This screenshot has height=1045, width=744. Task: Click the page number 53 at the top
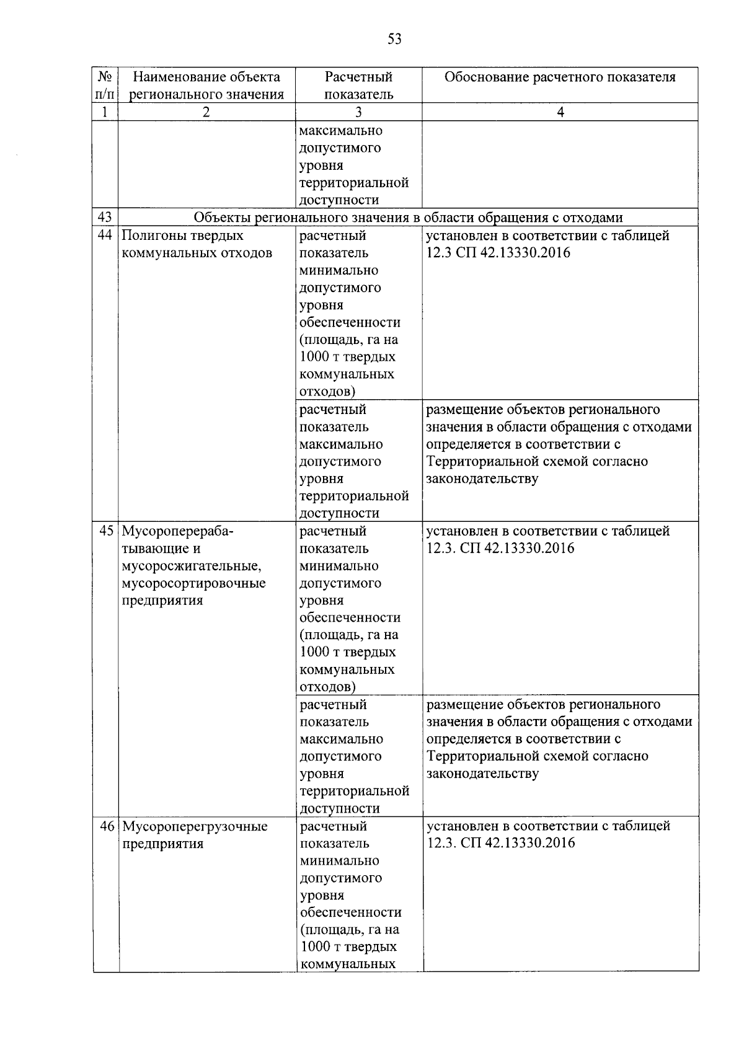[x=394, y=39]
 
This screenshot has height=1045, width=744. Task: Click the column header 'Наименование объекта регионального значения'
[x=206, y=86]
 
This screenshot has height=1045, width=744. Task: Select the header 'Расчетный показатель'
[x=358, y=86]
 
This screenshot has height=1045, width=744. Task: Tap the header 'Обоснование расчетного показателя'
[x=559, y=77]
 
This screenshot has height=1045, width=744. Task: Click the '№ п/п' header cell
[x=105, y=86]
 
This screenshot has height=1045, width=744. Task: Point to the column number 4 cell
[x=560, y=112]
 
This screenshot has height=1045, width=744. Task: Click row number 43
[x=105, y=218]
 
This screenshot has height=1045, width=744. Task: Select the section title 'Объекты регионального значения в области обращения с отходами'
[x=408, y=218]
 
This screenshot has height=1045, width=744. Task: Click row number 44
[x=105, y=236]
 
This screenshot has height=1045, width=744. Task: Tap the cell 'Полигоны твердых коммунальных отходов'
[x=197, y=244]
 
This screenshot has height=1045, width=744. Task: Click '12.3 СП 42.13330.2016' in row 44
[x=498, y=253]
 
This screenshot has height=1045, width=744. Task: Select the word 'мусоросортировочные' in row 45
[x=193, y=583]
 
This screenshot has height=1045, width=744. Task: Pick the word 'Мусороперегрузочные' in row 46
[x=195, y=826]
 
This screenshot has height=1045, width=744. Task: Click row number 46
[x=107, y=826]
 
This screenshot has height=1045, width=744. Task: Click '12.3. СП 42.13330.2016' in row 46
[x=500, y=843]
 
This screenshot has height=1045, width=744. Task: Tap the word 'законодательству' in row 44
[x=482, y=478]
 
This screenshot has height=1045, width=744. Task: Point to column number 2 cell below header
[x=206, y=112]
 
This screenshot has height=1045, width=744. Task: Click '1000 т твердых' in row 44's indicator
[x=347, y=357]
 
